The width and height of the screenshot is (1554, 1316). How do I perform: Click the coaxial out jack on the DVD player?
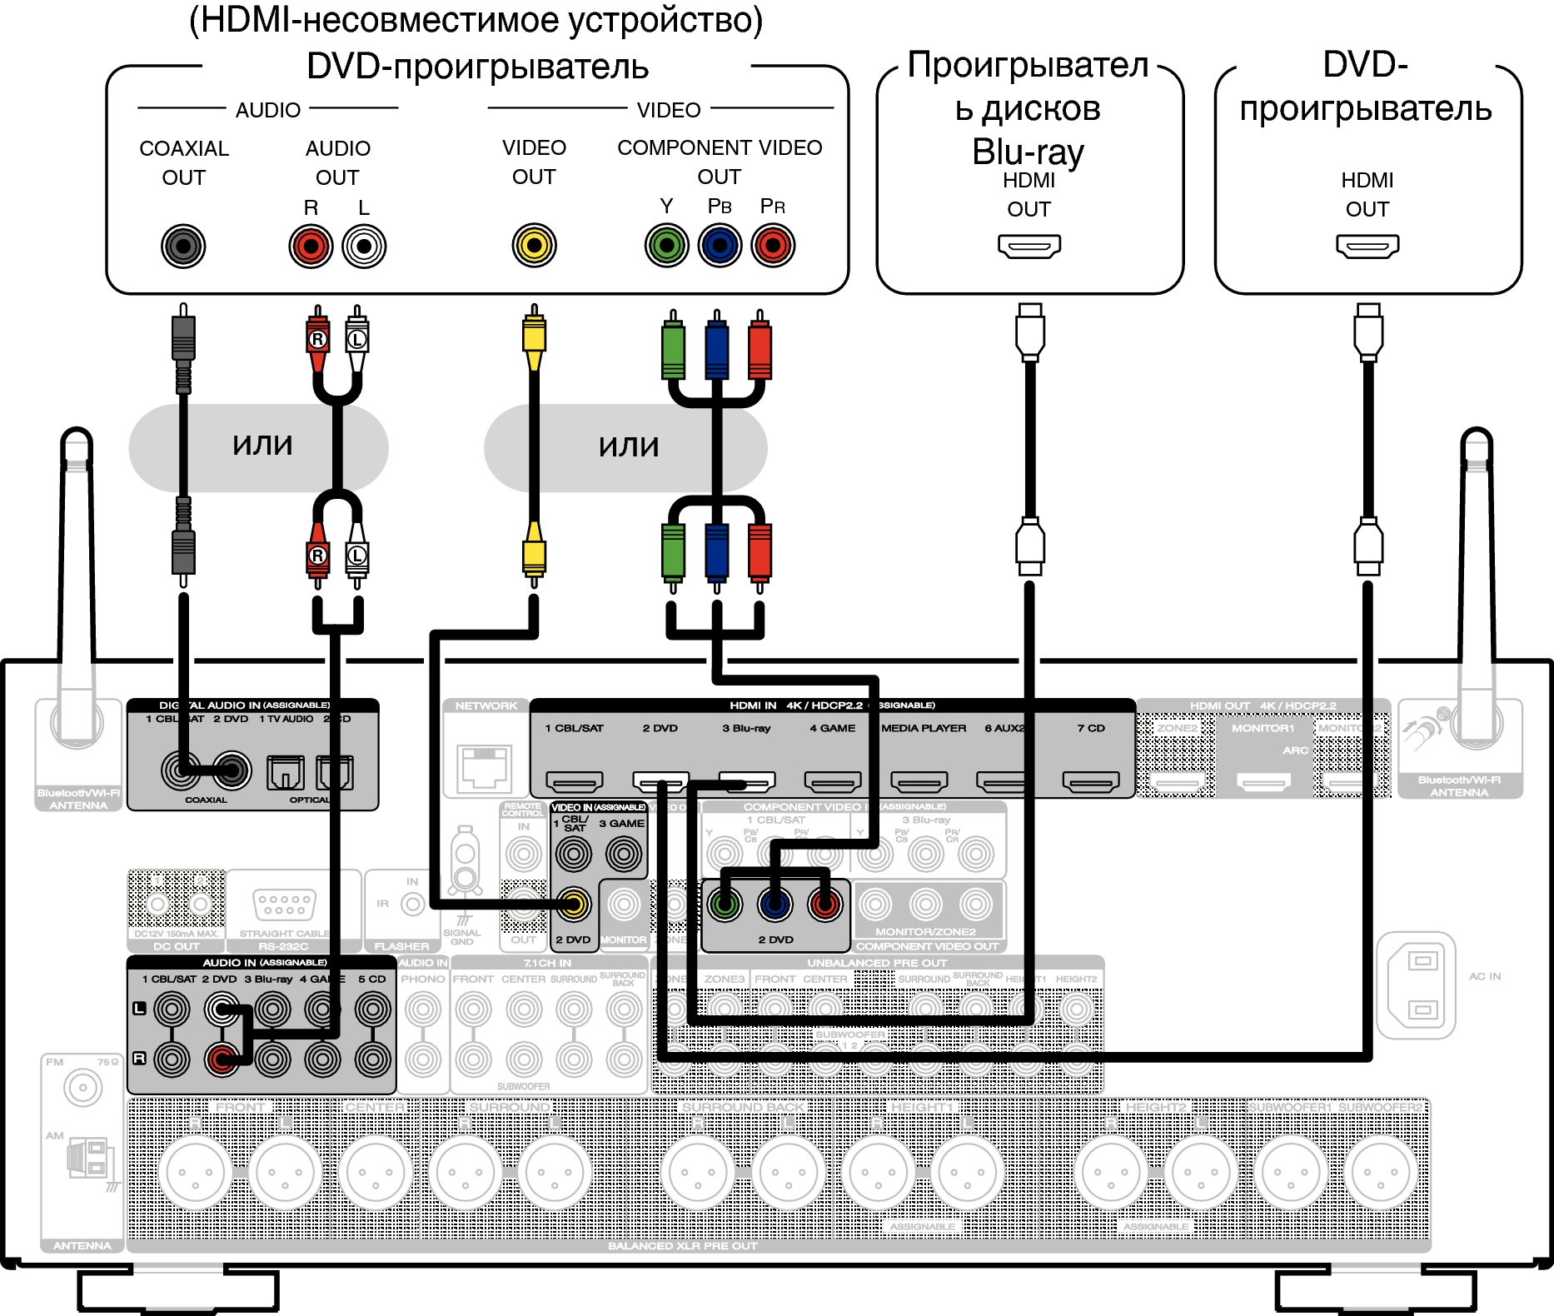click(183, 247)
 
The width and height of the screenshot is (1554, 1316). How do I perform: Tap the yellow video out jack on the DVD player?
click(534, 246)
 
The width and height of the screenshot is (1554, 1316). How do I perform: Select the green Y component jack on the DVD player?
click(666, 246)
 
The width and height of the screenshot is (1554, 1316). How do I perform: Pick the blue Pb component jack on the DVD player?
click(720, 246)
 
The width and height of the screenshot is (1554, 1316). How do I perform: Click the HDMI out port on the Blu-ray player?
click(1029, 246)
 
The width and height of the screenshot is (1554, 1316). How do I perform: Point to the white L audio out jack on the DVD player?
click(364, 247)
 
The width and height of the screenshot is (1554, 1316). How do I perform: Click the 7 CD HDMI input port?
click(1091, 781)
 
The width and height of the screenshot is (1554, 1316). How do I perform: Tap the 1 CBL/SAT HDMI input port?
click(575, 781)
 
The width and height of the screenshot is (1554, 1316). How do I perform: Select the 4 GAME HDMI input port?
click(833, 781)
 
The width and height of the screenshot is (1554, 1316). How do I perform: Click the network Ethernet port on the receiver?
click(486, 767)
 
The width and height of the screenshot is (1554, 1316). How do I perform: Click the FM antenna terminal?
click(82, 1088)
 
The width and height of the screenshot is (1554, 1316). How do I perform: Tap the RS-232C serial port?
click(284, 905)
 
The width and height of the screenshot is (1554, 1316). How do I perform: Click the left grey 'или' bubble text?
click(262, 446)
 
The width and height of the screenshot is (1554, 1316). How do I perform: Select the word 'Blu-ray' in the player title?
click(1029, 152)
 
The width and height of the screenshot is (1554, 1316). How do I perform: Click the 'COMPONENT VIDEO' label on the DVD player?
click(720, 148)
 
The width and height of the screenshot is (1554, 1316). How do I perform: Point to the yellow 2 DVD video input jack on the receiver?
click(574, 904)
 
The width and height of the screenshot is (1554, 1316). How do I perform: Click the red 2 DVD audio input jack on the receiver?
click(222, 1059)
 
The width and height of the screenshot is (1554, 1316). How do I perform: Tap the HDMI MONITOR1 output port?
click(1263, 781)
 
